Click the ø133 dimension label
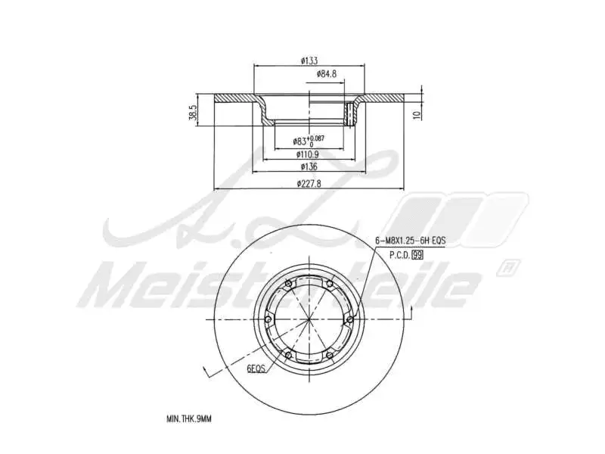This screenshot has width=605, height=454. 309,61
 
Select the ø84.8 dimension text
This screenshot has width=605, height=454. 327,73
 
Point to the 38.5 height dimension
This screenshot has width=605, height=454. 194,113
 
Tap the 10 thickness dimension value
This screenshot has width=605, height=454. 416,113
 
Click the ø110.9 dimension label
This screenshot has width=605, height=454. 307,154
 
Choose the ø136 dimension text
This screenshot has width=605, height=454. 307,166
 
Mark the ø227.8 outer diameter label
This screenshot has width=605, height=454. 309,182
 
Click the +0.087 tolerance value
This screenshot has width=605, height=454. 317,137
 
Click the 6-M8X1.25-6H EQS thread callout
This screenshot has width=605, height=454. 411,241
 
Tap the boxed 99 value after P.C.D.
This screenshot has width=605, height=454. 417,255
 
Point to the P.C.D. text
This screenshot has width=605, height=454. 399,255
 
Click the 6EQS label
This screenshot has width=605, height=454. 256,368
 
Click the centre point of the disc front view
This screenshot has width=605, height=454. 309,319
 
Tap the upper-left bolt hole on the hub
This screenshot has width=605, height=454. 288,285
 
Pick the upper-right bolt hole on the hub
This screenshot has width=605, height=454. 330,284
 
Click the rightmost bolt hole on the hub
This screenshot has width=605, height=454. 349,319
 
